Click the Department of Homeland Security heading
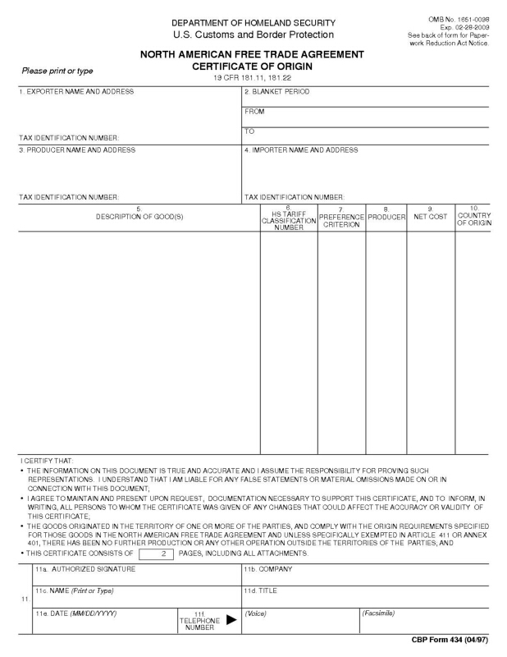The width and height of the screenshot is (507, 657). pyautogui.click(x=253, y=21)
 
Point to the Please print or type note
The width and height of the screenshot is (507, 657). pyautogui.click(x=57, y=71)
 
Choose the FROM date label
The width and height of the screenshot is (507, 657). pyautogui.click(x=254, y=112)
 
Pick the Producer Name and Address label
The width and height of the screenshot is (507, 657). pyautogui.click(x=77, y=150)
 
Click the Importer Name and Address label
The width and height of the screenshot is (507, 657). pyautogui.click(x=301, y=150)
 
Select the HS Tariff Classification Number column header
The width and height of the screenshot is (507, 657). pyautogui.click(x=289, y=218)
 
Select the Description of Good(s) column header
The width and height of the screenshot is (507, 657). pyautogui.click(x=139, y=215)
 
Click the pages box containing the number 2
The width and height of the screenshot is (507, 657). pyautogui.click(x=162, y=554)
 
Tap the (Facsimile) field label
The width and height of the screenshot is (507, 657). pyautogui.click(x=379, y=613)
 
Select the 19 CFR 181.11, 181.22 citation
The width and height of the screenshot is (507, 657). pyautogui.click(x=253, y=77)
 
